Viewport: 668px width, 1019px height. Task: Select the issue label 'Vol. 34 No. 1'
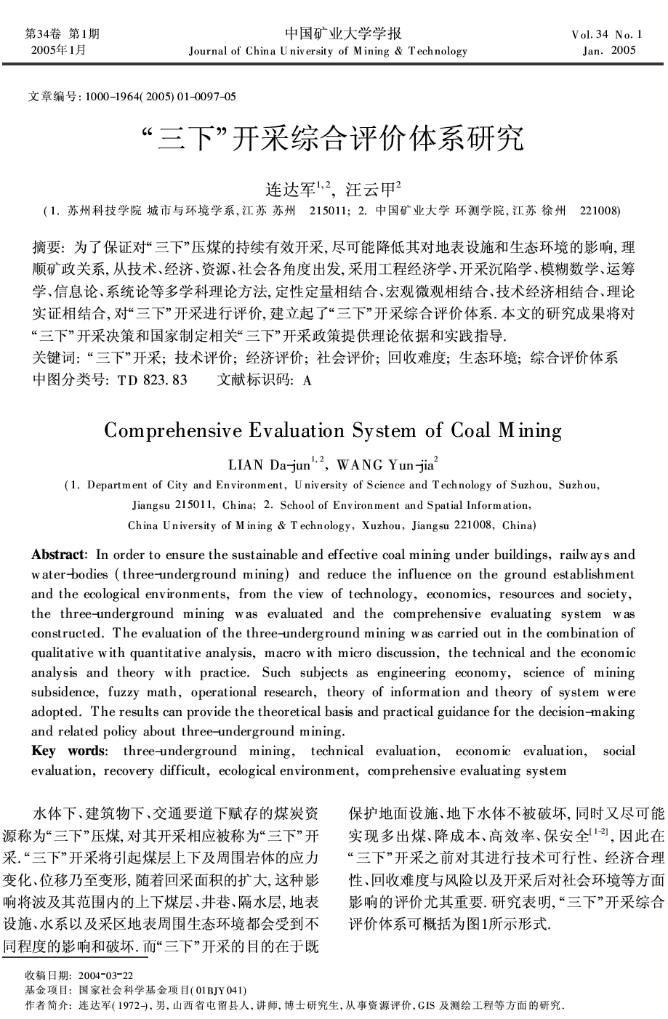coord(608,34)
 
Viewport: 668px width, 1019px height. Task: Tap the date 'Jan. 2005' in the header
coord(609,50)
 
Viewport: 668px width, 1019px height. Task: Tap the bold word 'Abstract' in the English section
coord(59,555)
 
